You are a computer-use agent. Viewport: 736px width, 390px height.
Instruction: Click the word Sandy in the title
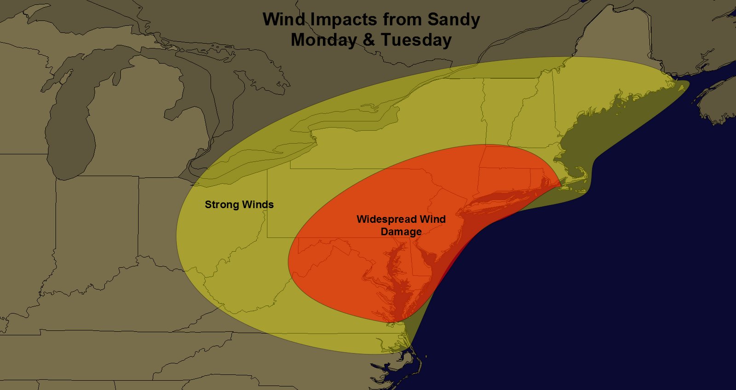[x=454, y=20]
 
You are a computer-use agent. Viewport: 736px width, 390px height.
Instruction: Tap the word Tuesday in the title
[x=416, y=40]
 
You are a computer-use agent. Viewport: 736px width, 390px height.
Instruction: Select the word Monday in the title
[x=324, y=40]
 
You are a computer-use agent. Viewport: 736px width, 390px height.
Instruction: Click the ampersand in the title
[x=368, y=40]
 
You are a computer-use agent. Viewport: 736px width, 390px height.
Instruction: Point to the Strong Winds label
[x=239, y=204]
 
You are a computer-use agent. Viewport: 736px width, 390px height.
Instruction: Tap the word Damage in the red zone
[x=401, y=232]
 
